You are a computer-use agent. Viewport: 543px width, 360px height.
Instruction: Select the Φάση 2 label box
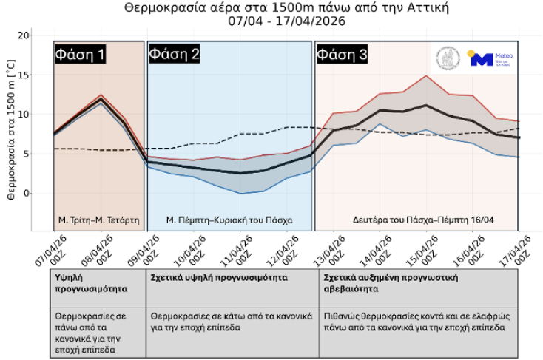[174, 54]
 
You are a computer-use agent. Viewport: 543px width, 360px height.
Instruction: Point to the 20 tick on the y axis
[24, 35]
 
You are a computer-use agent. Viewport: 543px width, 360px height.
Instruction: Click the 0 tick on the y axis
[27, 193]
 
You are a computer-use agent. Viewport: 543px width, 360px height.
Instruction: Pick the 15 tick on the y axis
[24, 75]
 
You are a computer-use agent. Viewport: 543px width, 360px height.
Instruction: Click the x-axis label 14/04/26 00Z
[378, 250]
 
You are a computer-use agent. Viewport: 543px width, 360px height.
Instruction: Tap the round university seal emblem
[448, 59]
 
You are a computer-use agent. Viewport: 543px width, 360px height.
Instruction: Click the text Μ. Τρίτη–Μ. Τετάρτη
[98, 220]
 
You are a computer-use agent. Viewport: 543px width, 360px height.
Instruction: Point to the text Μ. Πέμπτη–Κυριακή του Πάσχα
[229, 220]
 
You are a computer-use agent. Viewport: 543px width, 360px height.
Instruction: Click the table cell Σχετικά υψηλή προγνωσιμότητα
[219, 278]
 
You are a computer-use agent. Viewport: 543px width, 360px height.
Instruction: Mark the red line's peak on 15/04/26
[425, 75]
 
